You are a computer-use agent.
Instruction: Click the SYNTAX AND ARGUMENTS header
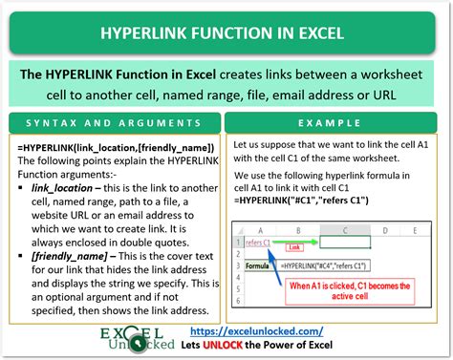click(x=113, y=125)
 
